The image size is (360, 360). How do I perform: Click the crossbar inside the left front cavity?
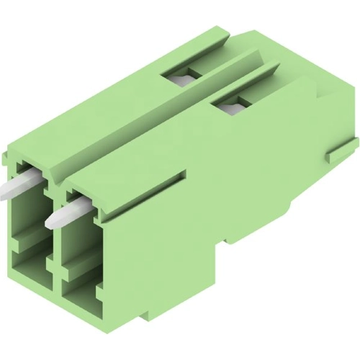pyautogui.click(x=30, y=238)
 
